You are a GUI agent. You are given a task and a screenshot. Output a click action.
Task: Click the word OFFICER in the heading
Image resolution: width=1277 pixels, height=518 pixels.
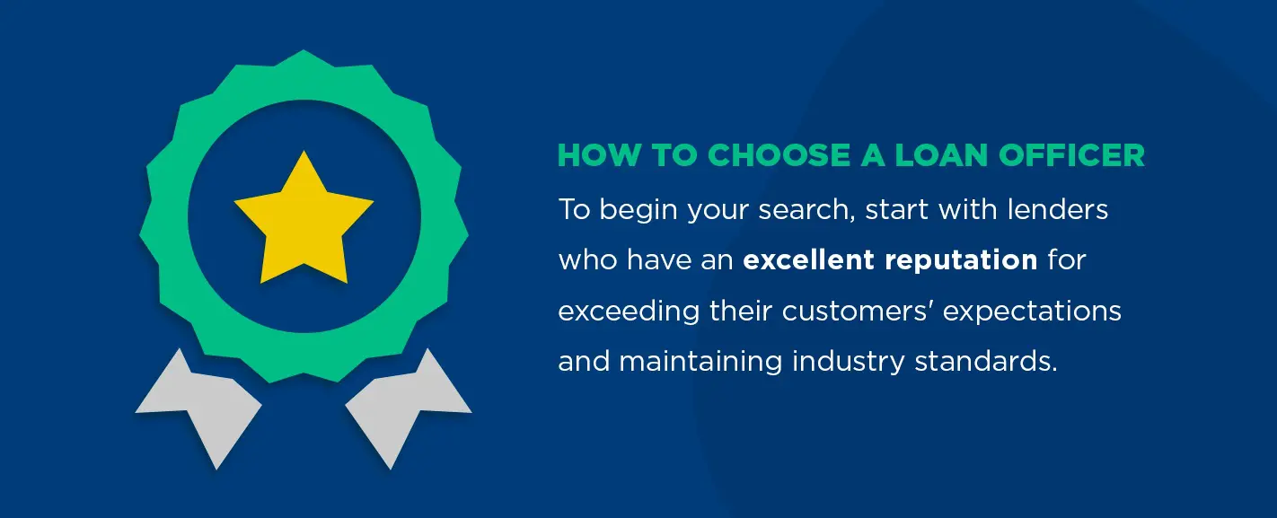[x=1071, y=155]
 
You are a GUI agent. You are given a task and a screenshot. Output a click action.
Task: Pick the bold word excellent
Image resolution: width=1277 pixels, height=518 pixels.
[x=808, y=259]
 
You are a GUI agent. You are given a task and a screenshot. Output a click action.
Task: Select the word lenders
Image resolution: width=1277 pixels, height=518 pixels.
[x=1058, y=209]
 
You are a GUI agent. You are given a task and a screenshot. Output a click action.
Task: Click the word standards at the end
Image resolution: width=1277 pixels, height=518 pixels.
[x=986, y=361]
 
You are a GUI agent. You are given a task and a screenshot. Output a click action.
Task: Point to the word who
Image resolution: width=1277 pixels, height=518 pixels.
[x=587, y=259]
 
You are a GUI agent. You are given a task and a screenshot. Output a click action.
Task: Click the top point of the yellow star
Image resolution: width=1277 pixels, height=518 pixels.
[x=304, y=151]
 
